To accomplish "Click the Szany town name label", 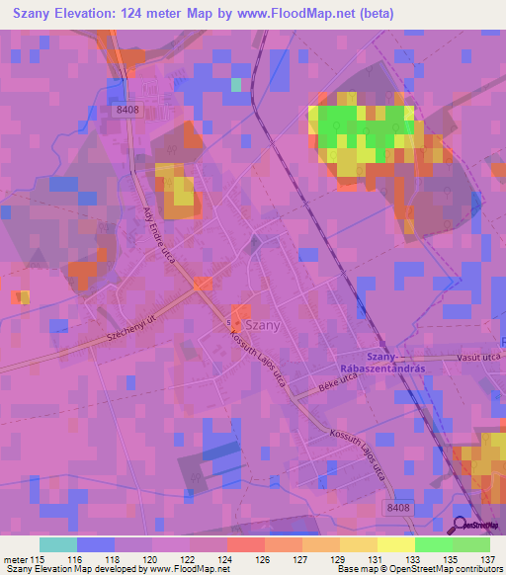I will pos(263,324).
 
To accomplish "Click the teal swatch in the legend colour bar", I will pos(58,544).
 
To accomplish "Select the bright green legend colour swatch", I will pos(434,544).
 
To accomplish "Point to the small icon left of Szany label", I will pos(230,324).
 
